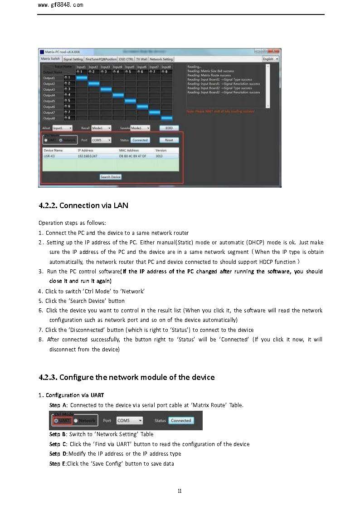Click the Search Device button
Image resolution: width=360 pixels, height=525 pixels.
point(111,177)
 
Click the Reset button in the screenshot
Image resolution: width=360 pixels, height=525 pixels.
point(169,140)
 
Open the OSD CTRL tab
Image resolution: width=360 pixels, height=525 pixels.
point(126,59)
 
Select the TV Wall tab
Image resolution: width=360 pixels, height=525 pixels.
point(141,59)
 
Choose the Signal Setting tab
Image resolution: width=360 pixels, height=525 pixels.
point(73,59)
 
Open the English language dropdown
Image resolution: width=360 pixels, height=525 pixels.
point(271,59)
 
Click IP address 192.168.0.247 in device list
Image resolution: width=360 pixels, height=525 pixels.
point(88,156)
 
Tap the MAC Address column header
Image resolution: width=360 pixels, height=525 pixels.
point(129,150)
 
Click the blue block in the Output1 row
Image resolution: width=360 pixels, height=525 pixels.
point(82,78)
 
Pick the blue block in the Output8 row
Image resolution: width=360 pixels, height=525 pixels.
point(166,118)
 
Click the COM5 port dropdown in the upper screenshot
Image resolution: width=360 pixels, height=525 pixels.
point(102,140)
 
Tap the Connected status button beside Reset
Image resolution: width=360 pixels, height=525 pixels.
point(140,140)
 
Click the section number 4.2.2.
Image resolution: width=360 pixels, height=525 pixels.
point(48,205)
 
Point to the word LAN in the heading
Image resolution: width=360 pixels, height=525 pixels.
point(121,205)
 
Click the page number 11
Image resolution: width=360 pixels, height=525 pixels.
point(180,491)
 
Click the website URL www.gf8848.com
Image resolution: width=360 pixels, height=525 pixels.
point(61,5)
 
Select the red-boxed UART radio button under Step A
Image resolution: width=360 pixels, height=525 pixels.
point(56,421)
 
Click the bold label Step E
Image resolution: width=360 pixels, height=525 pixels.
point(58,463)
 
